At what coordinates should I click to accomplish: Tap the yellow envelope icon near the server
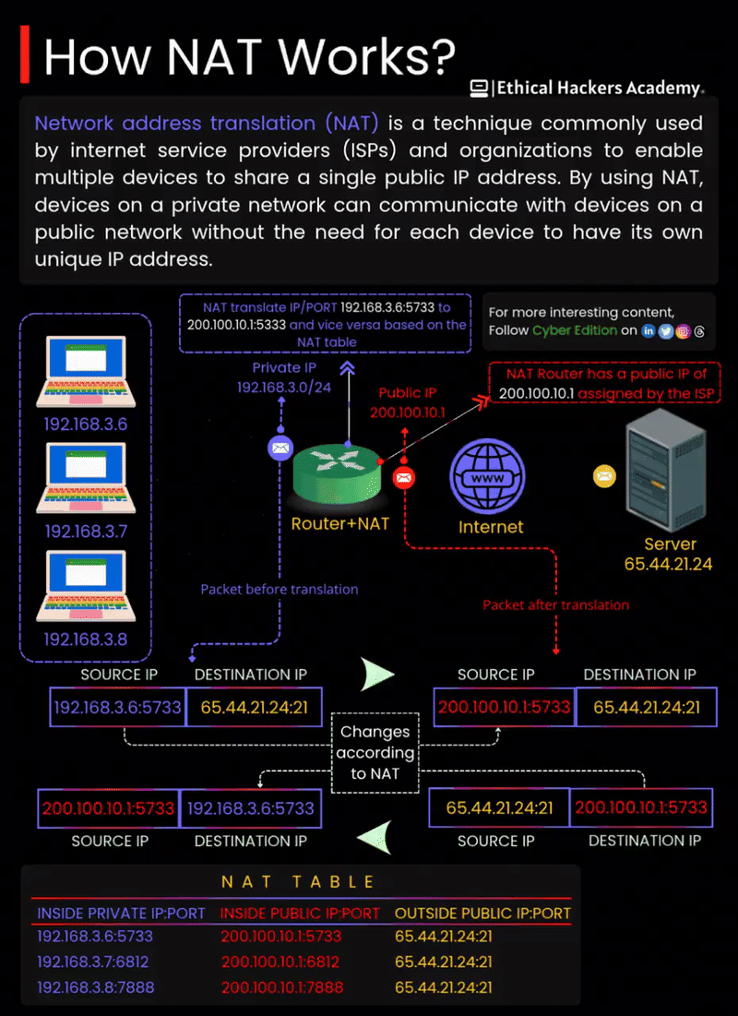tap(604, 476)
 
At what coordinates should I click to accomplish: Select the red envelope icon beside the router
tap(403, 477)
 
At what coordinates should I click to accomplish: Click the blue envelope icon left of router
tap(280, 448)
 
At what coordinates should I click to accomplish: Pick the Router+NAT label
tap(339, 524)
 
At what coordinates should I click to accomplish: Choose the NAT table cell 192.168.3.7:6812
tap(93, 962)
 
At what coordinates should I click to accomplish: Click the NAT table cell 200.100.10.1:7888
tap(281, 987)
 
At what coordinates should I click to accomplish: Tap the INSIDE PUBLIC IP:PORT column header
tap(300, 914)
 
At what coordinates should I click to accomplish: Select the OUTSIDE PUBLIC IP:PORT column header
tap(482, 914)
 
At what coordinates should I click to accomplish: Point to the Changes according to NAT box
tap(375, 752)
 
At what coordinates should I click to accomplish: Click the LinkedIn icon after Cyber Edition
tap(649, 330)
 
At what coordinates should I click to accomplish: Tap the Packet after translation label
tap(555, 605)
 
